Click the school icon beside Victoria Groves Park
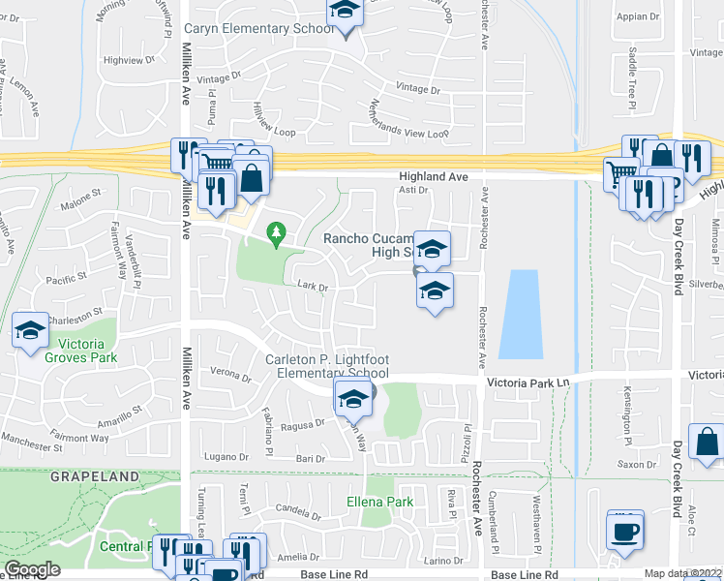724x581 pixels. click(31, 331)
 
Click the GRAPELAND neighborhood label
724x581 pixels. click(41, 476)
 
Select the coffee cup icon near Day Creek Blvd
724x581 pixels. click(623, 530)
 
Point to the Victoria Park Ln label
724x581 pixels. click(527, 383)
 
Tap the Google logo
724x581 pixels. click(32, 569)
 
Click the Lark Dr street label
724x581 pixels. click(313, 287)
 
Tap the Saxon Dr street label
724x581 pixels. click(638, 465)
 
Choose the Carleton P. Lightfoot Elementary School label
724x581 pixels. click(327, 366)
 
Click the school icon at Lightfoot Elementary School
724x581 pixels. click(353, 397)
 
